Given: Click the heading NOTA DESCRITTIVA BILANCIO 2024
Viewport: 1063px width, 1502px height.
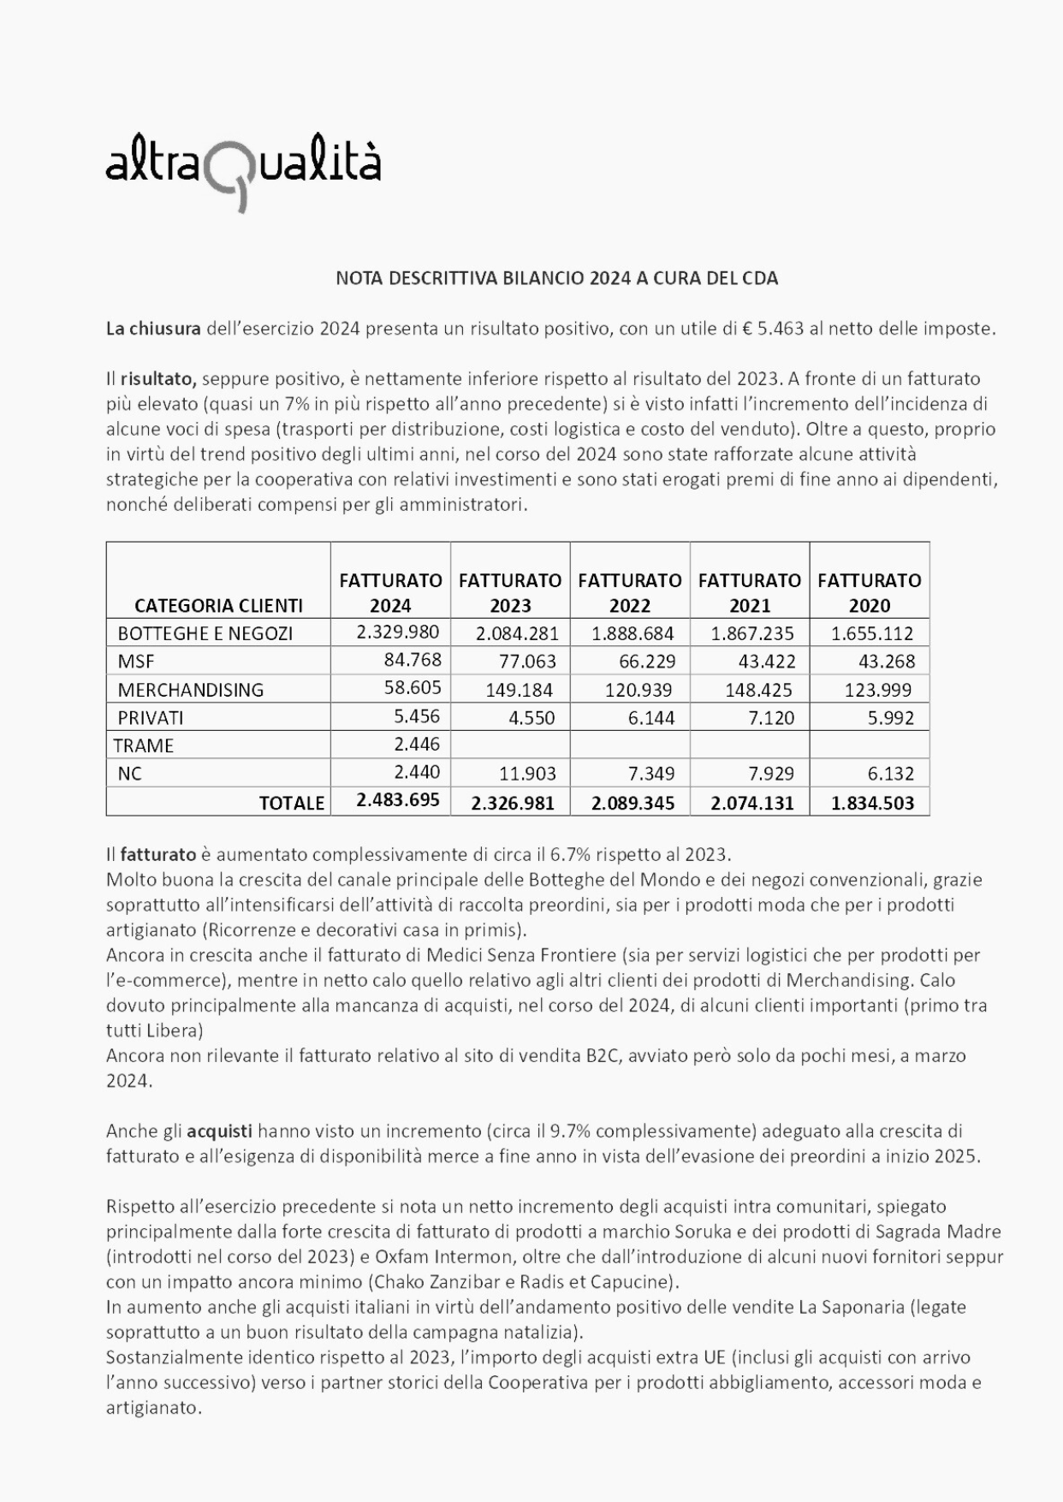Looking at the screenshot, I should point(556,278).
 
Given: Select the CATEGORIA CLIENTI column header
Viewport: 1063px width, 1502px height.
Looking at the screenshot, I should point(218,605).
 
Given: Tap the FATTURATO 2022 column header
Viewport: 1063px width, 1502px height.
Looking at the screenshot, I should point(630,592).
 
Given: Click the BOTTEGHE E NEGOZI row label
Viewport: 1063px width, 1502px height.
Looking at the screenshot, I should point(205,633).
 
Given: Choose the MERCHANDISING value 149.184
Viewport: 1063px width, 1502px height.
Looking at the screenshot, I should point(519,690).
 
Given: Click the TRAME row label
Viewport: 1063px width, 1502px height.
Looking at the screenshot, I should point(144,745).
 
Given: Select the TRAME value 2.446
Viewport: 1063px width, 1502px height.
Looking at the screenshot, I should point(418,745).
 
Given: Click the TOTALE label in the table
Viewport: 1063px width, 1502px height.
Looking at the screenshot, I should point(292,803).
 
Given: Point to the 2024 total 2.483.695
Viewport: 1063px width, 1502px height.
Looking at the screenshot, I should point(398,800).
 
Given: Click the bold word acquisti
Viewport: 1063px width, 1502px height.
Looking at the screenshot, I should point(219,1131).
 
